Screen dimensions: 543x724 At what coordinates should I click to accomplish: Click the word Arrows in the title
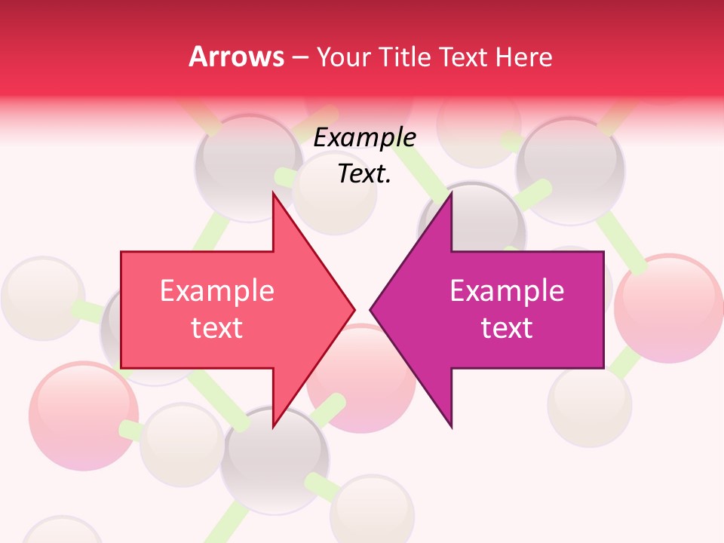pos(236,57)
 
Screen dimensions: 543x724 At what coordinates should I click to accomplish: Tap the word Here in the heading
pos(523,57)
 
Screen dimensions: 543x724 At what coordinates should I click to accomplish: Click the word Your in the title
pos(343,57)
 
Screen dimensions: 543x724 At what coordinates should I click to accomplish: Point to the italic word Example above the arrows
pos(364,138)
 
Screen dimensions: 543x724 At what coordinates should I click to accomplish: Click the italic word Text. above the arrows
pos(364,173)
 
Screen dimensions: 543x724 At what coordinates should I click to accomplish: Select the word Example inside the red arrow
pos(216,291)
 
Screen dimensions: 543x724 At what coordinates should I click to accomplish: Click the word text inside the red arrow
pos(216,327)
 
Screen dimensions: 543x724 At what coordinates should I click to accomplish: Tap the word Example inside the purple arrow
pos(507,291)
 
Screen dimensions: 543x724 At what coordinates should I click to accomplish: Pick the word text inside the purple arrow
pos(507,327)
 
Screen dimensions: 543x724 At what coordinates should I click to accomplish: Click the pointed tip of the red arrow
pos(354,308)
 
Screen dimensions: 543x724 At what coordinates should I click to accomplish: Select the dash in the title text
pos(299,57)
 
